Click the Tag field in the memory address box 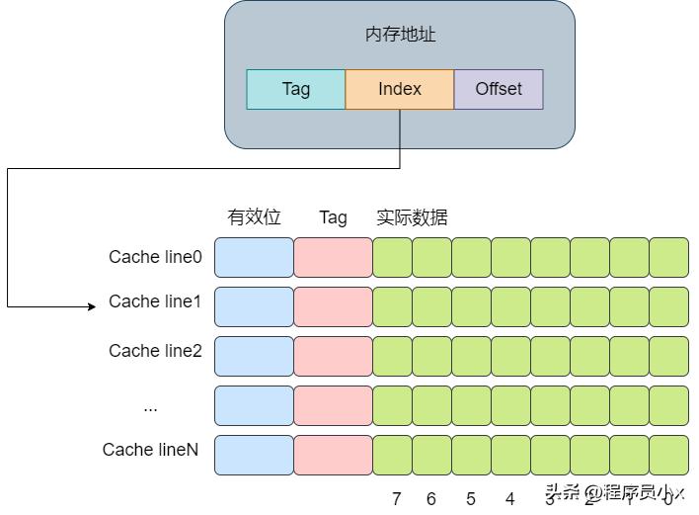coord(295,89)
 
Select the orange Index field coord(399,89)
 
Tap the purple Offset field coord(499,89)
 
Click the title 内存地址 coord(400,35)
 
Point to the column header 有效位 coord(254,217)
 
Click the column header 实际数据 coord(412,217)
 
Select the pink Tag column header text coord(333,217)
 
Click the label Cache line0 coord(155,257)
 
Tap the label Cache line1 coord(155,301)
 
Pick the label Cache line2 coord(155,351)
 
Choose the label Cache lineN coord(150,450)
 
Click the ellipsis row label coord(150,406)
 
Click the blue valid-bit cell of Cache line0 coord(254,257)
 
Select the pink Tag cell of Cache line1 coord(333,306)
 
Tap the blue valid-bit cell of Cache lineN coord(254,455)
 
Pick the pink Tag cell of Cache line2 coord(333,356)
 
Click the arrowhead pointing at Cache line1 coord(92,306)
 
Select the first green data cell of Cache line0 coord(392,257)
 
